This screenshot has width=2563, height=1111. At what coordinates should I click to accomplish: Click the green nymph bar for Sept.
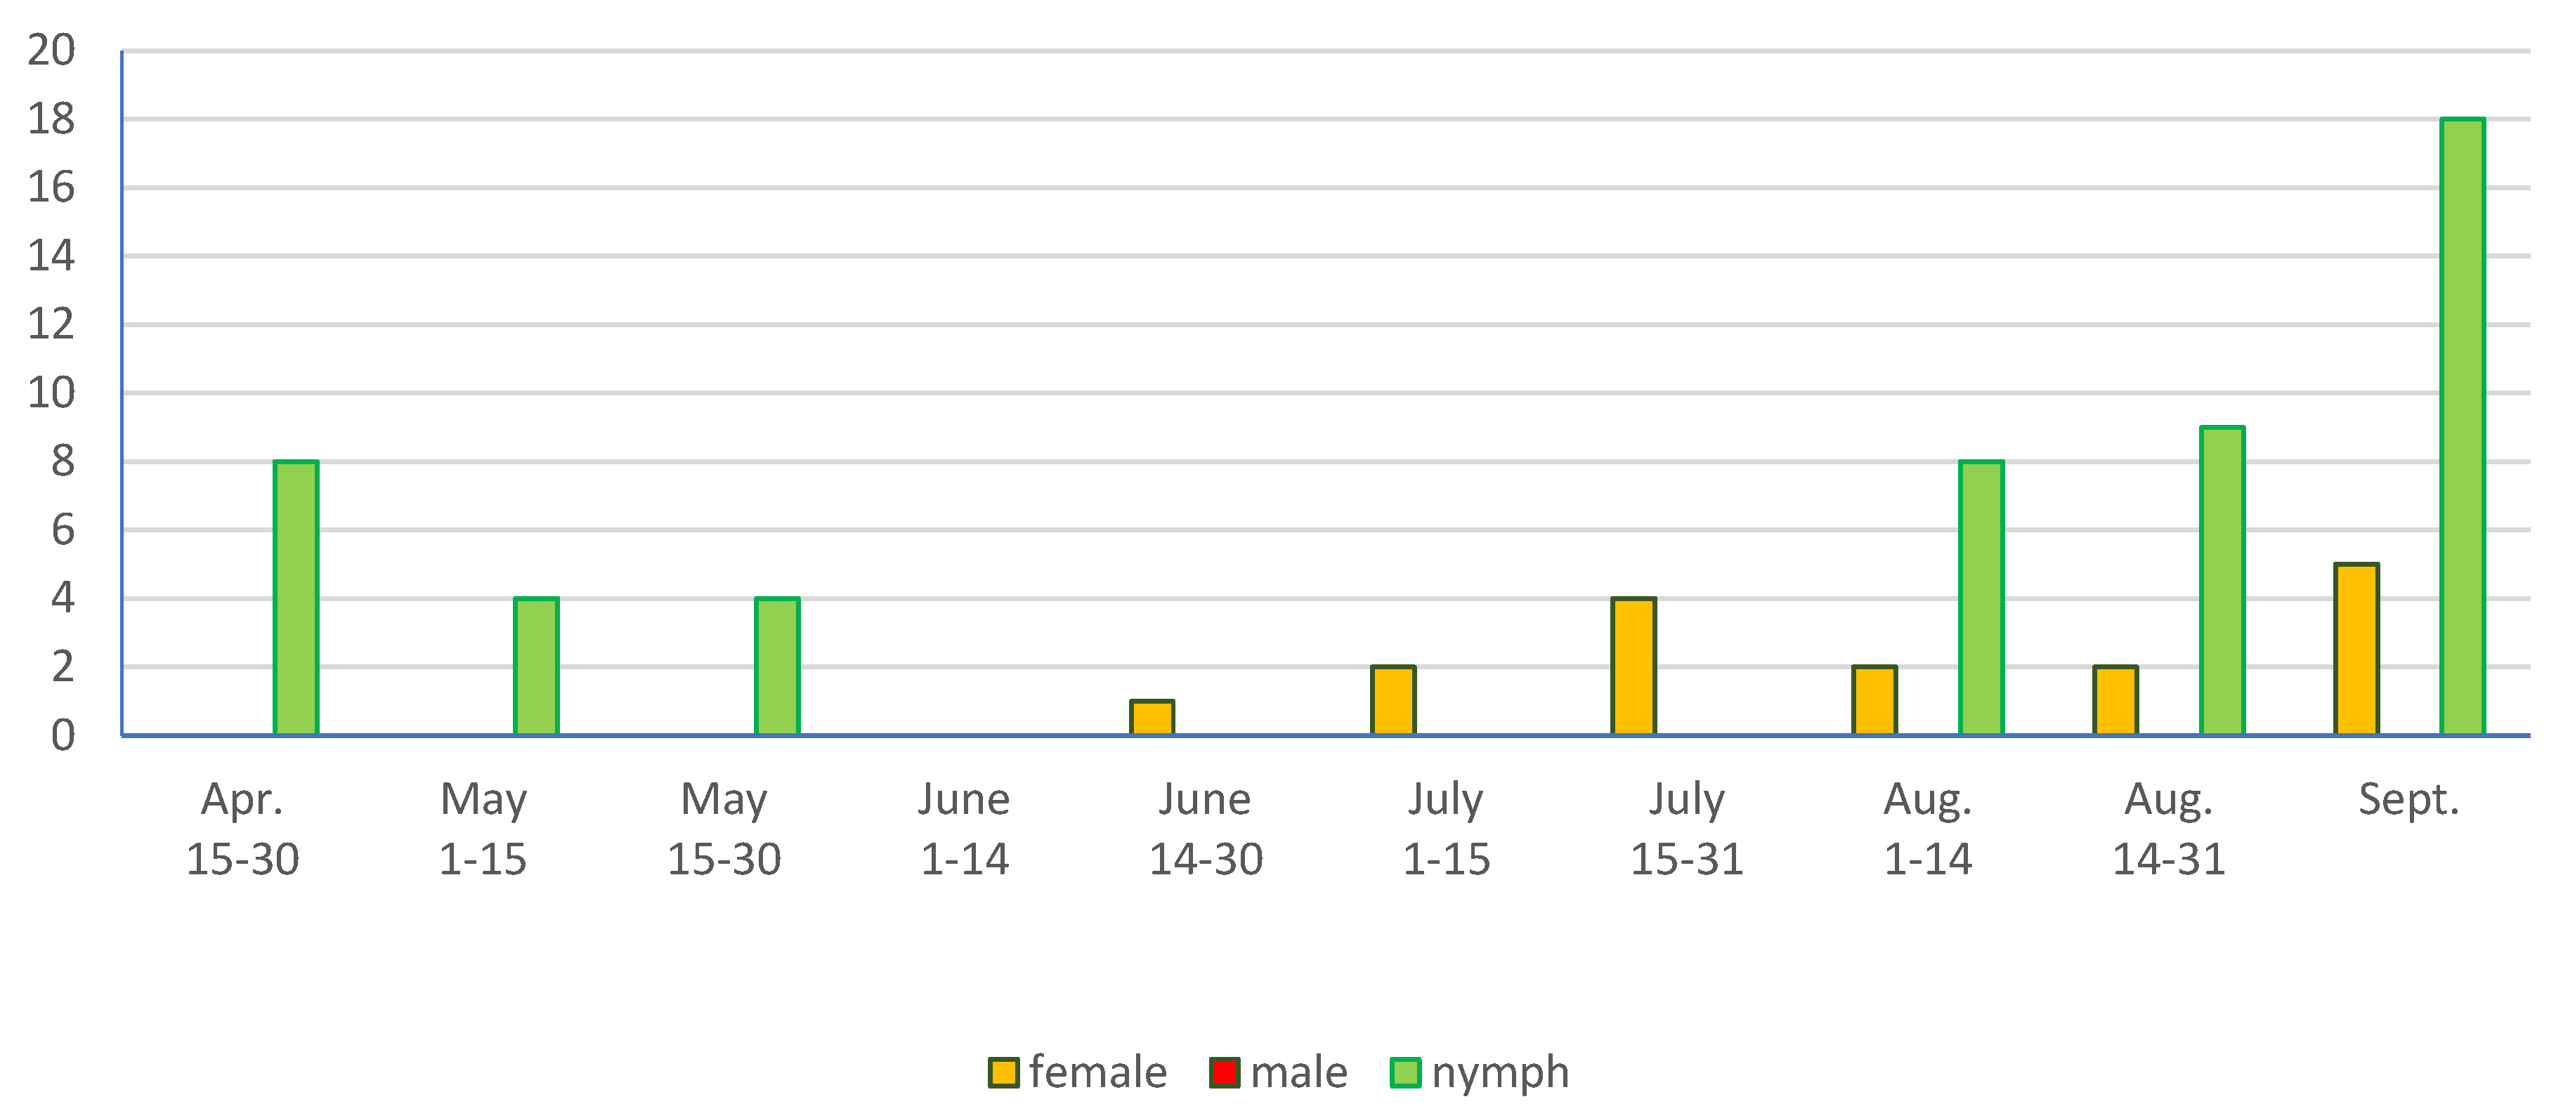(2462, 428)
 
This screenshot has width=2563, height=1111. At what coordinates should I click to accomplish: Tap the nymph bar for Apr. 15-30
(296, 598)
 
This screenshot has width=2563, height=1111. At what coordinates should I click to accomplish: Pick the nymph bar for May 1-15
(536, 666)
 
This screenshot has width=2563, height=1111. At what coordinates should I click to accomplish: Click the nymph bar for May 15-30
(777, 666)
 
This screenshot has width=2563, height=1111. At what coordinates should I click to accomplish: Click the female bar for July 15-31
(1633, 666)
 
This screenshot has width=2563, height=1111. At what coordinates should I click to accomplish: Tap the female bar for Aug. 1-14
(1874, 701)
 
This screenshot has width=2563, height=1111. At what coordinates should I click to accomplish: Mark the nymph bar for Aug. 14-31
(2221, 581)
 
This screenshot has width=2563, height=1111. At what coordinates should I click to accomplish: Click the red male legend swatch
(1224, 1072)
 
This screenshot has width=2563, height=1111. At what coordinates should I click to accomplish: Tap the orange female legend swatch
(1003, 1072)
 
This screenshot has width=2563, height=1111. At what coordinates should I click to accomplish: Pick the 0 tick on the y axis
(63, 736)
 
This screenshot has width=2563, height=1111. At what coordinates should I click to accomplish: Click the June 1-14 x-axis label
(963, 829)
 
